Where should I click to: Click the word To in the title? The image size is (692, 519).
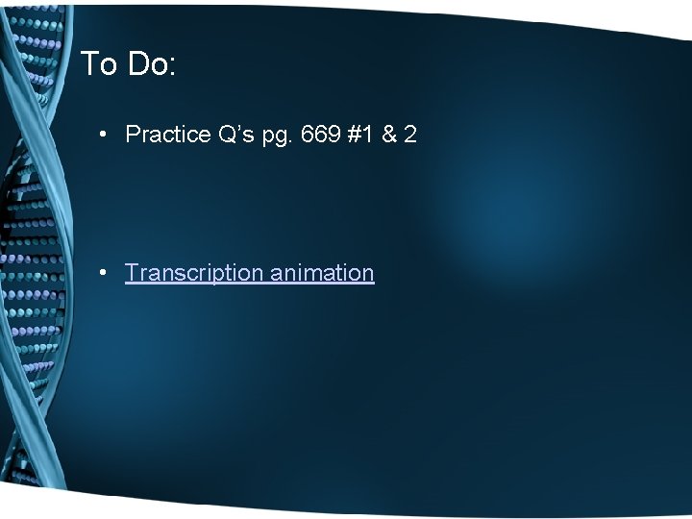pyautogui.click(x=97, y=64)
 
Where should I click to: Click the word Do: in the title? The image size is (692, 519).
pyautogui.click(x=148, y=64)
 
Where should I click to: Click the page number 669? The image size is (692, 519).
pyautogui.click(x=320, y=135)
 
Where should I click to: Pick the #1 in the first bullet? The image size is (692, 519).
pyautogui.click(x=362, y=135)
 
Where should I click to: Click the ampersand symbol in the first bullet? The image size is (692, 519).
pyautogui.click(x=389, y=135)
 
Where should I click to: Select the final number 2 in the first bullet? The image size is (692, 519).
pyautogui.click(x=410, y=135)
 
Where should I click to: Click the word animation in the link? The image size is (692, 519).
pyautogui.click(x=322, y=273)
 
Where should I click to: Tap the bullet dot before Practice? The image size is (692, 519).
pyautogui.click(x=102, y=135)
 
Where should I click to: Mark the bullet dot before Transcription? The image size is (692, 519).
pyautogui.click(x=102, y=273)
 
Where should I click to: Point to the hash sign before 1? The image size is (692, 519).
pyautogui.click(x=355, y=135)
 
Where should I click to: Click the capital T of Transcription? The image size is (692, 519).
pyautogui.click(x=132, y=273)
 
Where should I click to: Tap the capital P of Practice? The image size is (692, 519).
pyautogui.click(x=133, y=135)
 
